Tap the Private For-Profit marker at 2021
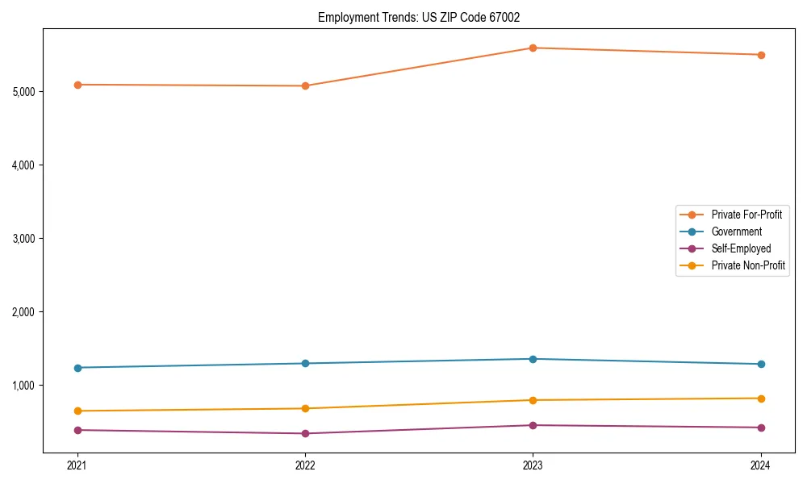pos(77,85)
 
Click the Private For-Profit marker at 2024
pos(761,55)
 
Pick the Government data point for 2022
pos(305,363)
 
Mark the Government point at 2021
pos(77,368)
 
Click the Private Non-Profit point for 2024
pos(761,398)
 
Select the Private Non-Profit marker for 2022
pos(305,408)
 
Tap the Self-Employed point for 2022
pos(305,434)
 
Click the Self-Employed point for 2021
pos(77,430)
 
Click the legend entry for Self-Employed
pos(741,248)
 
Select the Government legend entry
pos(736,232)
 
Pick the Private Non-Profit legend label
pos(748,265)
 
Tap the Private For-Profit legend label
pos(746,215)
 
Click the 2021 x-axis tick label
pos(77,465)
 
